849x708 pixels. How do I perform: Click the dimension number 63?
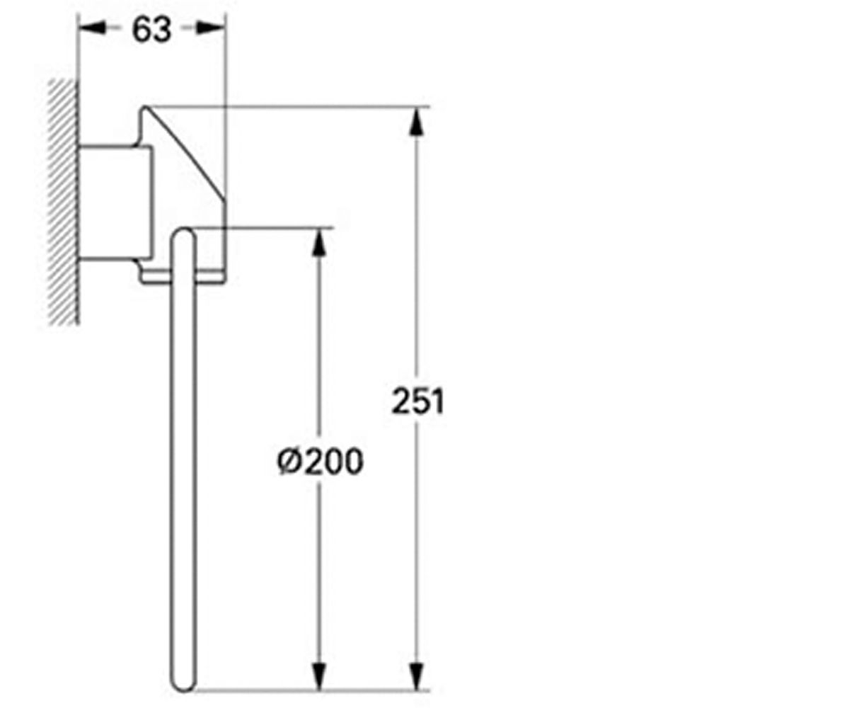click(x=151, y=30)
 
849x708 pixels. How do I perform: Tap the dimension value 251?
click(x=417, y=401)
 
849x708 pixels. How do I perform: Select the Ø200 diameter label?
click(x=320, y=461)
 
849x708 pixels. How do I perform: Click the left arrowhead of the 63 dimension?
click(x=92, y=28)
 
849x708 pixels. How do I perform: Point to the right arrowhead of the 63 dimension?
click(x=211, y=28)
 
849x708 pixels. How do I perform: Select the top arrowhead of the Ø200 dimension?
click(x=319, y=242)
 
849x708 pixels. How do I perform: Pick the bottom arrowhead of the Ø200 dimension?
click(x=319, y=676)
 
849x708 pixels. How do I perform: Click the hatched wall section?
click(x=63, y=202)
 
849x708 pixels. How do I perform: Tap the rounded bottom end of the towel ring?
click(x=183, y=684)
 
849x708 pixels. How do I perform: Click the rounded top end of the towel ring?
click(x=184, y=235)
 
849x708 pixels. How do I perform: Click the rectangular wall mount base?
click(x=116, y=202)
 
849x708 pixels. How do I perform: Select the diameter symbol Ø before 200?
click(x=289, y=462)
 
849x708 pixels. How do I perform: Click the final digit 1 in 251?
click(x=439, y=401)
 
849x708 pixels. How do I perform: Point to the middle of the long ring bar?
click(x=183, y=459)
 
